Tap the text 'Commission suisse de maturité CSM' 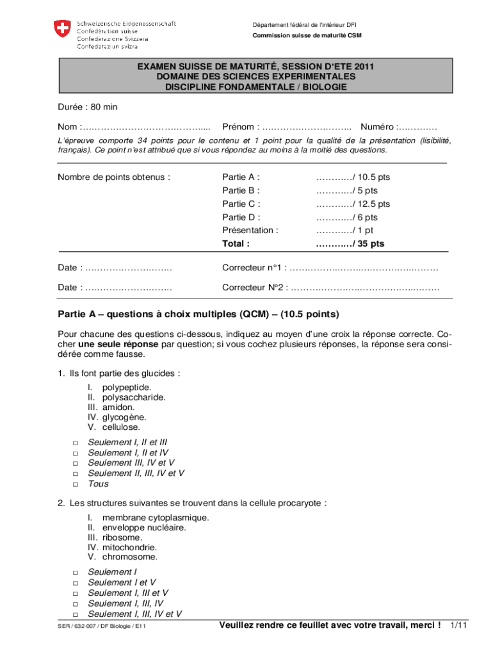point(307,35)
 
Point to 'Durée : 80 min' point(88,107)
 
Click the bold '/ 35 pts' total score point(350,244)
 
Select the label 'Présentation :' point(250,230)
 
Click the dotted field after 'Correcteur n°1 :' point(364,268)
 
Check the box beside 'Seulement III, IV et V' point(75,463)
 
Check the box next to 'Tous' point(75,484)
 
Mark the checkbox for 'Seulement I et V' point(75,583)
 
